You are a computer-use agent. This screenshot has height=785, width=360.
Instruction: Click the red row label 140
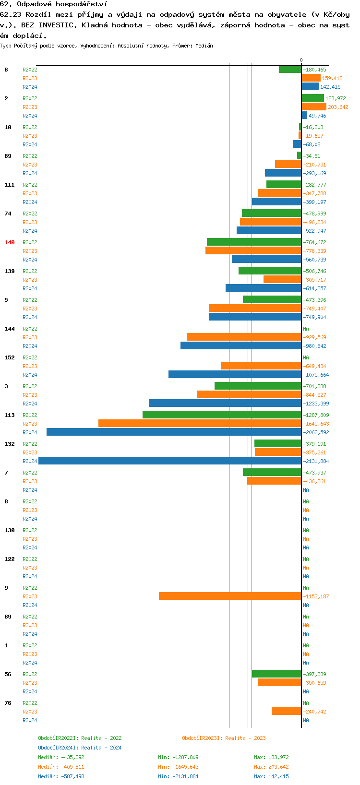point(10,242)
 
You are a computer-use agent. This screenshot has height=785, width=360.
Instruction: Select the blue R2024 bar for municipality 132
point(169,461)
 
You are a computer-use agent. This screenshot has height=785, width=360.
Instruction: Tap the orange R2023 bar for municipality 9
point(230,596)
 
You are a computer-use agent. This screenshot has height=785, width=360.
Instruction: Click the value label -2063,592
point(316,432)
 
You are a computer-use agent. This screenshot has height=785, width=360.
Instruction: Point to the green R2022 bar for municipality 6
point(290,69)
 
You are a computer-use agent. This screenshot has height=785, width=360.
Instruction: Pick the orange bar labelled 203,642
point(314,107)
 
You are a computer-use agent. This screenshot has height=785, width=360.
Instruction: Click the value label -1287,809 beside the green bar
point(316,415)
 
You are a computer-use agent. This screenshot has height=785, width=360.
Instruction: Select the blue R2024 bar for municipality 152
point(235,374)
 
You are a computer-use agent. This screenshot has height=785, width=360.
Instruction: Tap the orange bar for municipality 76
point(286,711)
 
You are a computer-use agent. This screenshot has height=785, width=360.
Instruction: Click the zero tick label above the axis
point(301,60)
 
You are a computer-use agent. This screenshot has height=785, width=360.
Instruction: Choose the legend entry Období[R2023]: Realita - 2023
point(224,738)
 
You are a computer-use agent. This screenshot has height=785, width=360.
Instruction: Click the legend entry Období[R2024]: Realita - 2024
point(80,748)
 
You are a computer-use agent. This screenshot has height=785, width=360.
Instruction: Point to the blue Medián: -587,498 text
point(61,776)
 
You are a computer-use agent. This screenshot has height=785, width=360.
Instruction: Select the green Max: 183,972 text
point(271,757)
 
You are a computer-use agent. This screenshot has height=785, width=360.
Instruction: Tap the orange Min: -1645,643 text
point(178,767)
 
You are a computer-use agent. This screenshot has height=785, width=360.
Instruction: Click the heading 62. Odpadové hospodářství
point(53,4)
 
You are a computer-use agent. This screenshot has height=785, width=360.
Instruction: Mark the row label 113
point(10,415)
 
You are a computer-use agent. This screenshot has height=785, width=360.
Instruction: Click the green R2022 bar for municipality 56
point(276,674)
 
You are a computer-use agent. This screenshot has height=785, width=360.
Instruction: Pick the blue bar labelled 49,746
point(304,115)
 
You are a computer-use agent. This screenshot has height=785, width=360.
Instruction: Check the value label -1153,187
point(316,596)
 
